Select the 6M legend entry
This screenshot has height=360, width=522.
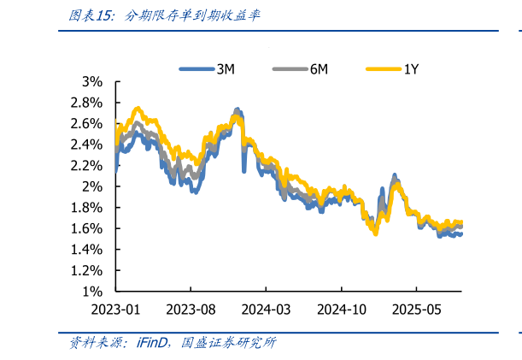[301, 69]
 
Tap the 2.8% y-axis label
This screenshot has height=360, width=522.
[86, 103]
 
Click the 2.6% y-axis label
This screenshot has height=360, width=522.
[86, 123]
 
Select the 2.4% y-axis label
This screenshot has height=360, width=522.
[86, 145]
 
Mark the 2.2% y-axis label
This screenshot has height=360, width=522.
[86, 165]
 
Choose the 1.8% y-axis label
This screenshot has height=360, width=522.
[86, 207]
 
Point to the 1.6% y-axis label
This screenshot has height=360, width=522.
[86, 228]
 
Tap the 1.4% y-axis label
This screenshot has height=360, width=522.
[86, 249]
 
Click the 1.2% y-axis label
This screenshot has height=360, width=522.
[86, 270]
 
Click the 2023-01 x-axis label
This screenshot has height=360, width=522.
[115, 309]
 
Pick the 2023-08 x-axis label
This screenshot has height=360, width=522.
[193, 309]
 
